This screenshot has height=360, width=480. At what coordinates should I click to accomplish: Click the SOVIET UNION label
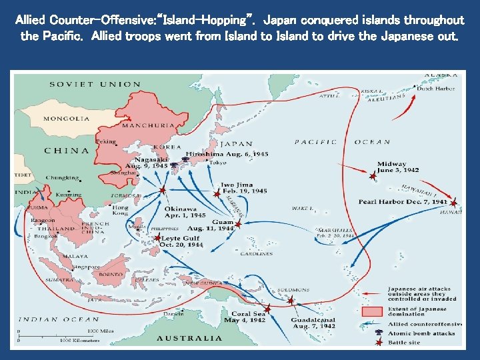95,84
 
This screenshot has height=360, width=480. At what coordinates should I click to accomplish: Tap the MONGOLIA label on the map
66,119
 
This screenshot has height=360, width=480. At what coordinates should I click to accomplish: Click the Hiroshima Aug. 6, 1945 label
227,154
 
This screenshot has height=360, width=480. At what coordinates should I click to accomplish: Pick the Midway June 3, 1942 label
397,167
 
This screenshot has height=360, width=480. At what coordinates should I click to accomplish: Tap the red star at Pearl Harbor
453,203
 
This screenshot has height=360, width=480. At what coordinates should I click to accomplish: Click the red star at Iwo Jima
217,193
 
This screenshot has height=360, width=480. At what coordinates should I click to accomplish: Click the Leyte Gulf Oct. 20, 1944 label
181,241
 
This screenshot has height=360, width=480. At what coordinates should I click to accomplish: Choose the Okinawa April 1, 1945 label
185,212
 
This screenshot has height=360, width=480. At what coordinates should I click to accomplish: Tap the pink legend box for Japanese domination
372,311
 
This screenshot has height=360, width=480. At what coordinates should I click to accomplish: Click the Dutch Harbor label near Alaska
436,89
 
